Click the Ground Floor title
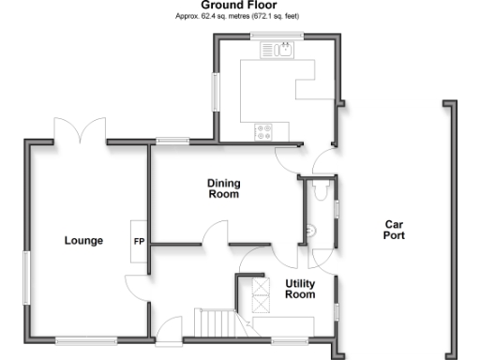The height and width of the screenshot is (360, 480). (x=239, y=6)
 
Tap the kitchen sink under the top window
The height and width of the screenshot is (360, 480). (x=284, y=50)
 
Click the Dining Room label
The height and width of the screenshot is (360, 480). (x=222, y=189)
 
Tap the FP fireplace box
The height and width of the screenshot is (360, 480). (x=139, y=241)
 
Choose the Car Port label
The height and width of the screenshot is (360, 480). (x=394, y=230)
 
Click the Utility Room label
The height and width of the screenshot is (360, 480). (x=300, y=288)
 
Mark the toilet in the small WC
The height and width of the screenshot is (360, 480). (x=321, y=190)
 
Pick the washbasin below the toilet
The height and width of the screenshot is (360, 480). (x=310, y=231)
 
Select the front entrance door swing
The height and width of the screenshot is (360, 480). (x=170, y=327)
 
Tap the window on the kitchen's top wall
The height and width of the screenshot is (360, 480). (x=273, y=37)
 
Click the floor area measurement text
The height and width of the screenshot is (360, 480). (x=239, y=17)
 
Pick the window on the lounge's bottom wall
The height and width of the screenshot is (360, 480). (x=86, y=337)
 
